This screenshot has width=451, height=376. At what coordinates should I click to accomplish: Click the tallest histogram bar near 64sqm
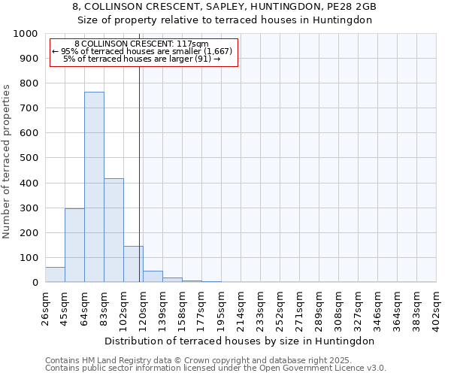coord(94,187)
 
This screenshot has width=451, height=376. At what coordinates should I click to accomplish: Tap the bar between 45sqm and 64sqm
coord(74,245)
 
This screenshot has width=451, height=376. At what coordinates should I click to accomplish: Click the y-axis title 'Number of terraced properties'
coord(8,161)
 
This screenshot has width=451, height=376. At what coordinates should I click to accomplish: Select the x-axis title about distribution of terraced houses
coord(240,341)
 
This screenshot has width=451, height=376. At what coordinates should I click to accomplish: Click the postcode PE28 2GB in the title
coord(352,7)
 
